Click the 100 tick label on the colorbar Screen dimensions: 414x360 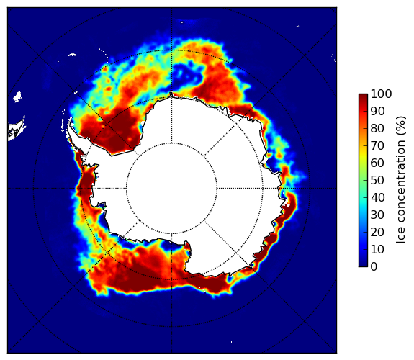coord(381,94)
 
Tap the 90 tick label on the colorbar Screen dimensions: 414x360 coord(377,111)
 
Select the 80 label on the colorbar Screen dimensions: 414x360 coord(377,128)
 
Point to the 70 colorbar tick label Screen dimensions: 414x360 coord(377,145)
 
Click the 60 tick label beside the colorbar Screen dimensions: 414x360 coord(377,163)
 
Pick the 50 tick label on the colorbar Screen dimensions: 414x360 coord(377,181)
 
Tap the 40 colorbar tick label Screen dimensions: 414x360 coord(377,197)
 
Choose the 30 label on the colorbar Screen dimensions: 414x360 coord(377,215)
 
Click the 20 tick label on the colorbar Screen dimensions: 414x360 coord(377,232)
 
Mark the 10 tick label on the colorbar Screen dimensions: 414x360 coord(377,250)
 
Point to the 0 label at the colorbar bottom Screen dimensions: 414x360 coord(374,267)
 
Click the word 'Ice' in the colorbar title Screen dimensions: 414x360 coord(400,237)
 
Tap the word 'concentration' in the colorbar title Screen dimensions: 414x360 coord(400,184)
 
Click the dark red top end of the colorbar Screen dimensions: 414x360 coord(363,96)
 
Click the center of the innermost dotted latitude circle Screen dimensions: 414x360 coord(171,189)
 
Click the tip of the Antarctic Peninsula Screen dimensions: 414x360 coord(69,124)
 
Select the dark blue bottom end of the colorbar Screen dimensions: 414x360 coord(363,264)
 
